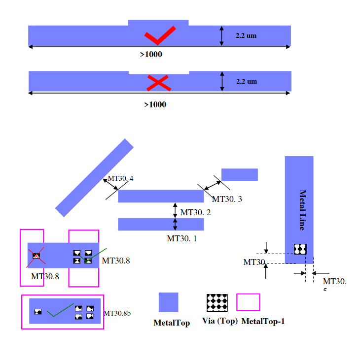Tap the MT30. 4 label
[120, 178]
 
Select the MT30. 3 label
[227, 199]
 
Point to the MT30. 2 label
[195, 212]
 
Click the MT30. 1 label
[181, 238]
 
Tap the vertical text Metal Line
[302, 210]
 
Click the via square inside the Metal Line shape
[300, 249]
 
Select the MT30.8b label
[117, 313]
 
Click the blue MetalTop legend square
[168, 302]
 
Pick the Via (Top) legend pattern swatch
[216, 302]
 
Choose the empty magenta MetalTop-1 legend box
[248, 302]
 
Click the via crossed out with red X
[36, 256]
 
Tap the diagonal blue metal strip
[94, 178]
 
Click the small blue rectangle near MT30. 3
[239, 175]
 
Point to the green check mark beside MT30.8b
[60, 310]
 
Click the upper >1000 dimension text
[151, 54]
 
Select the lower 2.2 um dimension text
[246, 81]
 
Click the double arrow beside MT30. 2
[175, 210]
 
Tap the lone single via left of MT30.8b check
[38, 311]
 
